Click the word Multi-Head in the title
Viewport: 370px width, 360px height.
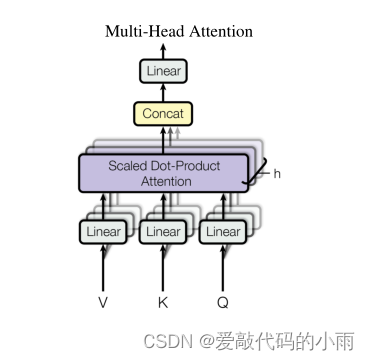pos(141,31)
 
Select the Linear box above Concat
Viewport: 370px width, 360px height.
pos(163,71)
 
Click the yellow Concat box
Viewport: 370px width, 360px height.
pos(163,114)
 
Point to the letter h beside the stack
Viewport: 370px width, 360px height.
pos(277,173)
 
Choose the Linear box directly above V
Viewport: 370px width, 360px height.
pos(103,232)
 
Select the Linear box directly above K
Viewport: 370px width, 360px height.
pos(162,232)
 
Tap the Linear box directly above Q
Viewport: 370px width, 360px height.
pos(222,232)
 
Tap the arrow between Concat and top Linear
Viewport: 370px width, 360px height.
pos(163,92)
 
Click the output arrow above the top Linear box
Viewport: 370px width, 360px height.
pos(163,50)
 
